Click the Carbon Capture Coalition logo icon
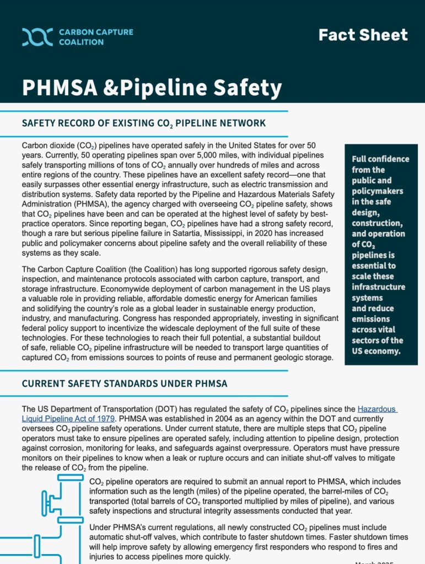coord(37,37)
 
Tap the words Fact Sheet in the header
coord(363,35)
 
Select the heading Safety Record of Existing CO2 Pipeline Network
coord(144,123)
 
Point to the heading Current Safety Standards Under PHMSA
coord(125,383)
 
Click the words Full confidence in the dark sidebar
coord(380,159)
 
